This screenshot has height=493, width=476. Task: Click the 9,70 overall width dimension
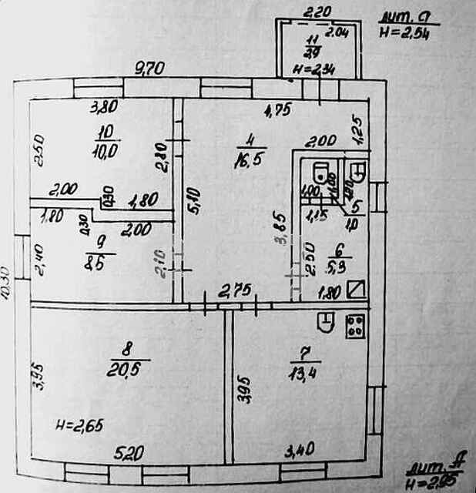pyautogui.click(x=151, y=68)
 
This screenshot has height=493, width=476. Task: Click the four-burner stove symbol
pyautogui.click(x=355, y=327)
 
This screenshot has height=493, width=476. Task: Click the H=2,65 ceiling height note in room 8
pyautogui.click(x=80, y=424)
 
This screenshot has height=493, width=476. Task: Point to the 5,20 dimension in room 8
pyautogui.click(x=129, y=454)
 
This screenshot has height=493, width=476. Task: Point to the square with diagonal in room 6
pyautogui.click(x=356, y=290)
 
